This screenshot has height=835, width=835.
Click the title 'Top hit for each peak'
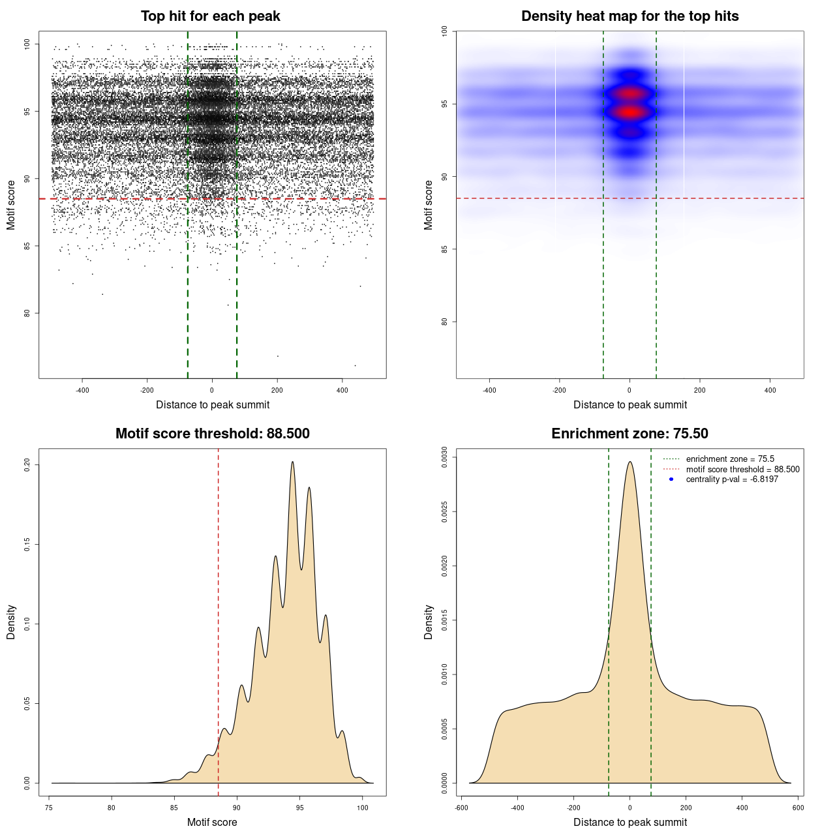point(210,16)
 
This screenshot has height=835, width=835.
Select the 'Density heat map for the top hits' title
point(630,16)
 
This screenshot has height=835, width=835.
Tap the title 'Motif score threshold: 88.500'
point(212,434)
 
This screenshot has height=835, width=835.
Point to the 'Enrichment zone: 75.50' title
point(630,434)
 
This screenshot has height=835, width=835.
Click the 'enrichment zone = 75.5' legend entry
point(730,459)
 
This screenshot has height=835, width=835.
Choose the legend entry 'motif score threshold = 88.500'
point(742,469)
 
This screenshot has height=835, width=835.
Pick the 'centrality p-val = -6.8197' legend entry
point(732,479)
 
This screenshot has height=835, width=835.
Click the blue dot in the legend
point(671,479)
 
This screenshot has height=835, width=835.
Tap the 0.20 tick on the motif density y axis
point(27,464)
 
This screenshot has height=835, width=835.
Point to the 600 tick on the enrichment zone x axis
point(798,808)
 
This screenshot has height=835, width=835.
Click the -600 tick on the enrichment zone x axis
point(461,808)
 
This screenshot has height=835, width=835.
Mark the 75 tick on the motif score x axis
point(49,808)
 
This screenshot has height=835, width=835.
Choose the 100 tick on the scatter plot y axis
point(27,44)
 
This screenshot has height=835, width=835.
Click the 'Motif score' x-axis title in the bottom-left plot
point(212,822)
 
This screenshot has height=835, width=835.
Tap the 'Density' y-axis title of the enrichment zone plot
point(429,622)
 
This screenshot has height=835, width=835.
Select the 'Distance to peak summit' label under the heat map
point(630,404)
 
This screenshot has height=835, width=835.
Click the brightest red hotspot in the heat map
point(630,112)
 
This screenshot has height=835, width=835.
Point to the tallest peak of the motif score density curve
point(292,463)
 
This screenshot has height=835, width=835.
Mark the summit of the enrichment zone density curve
point(630,463)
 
